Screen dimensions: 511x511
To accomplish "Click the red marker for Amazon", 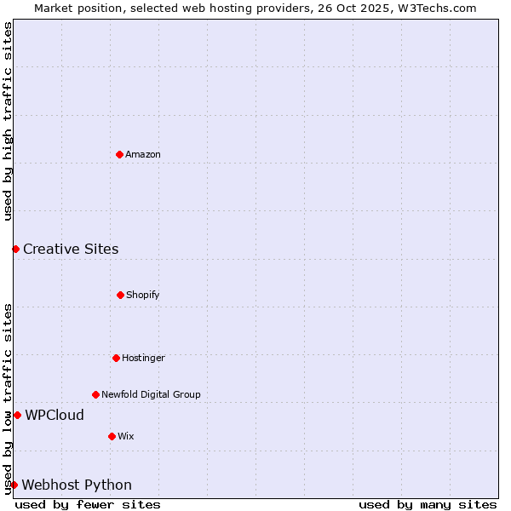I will click(x=119, y=154).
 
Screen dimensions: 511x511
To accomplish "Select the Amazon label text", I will click(x=143, y=154).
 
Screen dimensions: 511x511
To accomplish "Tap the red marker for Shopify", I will click(x=120, y=295).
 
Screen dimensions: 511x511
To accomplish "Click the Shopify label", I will click(x=143, y=295).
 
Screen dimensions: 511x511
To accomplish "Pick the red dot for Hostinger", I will click(x=116, y=358).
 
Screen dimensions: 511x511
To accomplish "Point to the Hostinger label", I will click(x=143, y=358).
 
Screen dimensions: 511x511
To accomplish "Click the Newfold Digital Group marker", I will click(x=95, y=394).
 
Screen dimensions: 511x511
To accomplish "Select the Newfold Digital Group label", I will click(x=151, y=394).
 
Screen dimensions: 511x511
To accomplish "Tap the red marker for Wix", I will click(x=112, y=436).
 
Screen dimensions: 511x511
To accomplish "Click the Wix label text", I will click(x=126, y=436).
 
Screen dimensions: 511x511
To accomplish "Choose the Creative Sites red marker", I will click(x=15, y=249).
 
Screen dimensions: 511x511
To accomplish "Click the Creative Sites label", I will click(x=71, y=249).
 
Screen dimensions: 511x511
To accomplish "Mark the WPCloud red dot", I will click(x=17, y=415).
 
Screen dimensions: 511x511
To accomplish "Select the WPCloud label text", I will click(x=55, y=415).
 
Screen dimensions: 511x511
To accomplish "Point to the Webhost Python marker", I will click(x=14, y=485).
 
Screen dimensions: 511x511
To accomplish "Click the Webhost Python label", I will click(x=77, y=485).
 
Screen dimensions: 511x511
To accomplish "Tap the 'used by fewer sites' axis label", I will click(x=88, y=504).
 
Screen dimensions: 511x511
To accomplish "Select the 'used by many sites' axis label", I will click(x=428, y=504).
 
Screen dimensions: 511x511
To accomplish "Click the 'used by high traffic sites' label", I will click(x=8, y=121).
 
